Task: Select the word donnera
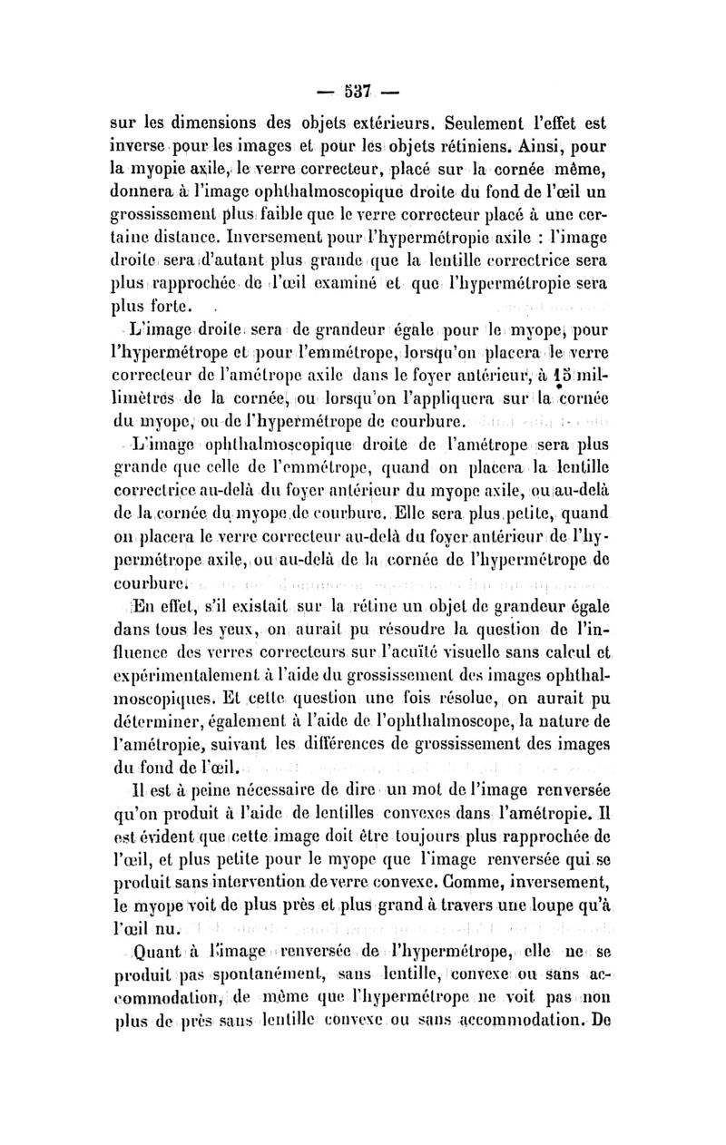point(140,191)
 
